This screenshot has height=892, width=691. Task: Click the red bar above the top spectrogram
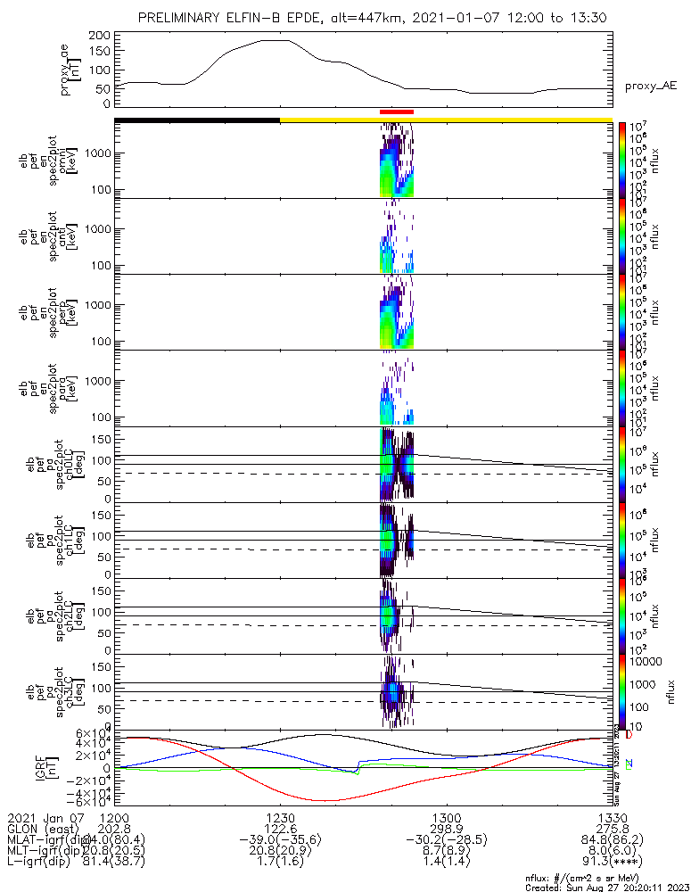(397, 111)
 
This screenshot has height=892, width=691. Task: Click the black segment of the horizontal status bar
(197, 120)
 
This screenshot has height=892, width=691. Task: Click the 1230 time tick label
(280, 818)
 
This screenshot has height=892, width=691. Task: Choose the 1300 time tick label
(446, 818)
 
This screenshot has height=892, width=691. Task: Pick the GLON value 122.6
(280, 829)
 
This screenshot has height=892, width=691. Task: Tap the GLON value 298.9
(446, 829)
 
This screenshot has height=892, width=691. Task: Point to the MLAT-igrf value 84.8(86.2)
(612, 840)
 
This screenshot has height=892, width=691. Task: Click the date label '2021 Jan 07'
(43, 818)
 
